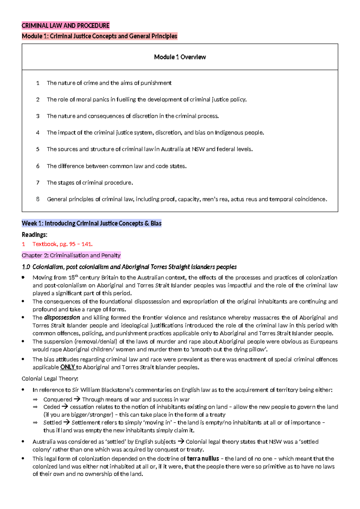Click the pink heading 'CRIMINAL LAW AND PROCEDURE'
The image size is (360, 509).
tap(65, 26)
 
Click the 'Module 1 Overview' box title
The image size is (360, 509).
tap(180, 57)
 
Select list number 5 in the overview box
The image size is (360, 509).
tap(38, 149)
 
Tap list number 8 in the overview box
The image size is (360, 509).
tap(38, 199)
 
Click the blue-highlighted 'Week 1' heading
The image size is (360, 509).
tap(91, 223)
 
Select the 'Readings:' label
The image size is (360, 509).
tap(34, 235)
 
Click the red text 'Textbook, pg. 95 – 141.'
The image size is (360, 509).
tap(62, 244)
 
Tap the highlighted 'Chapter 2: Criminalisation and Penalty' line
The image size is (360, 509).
tap(71, 255)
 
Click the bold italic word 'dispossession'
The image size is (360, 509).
tap(62, 318)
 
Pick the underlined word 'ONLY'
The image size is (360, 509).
tap(67, 367)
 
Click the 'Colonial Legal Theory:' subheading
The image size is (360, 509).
tap(50, 378)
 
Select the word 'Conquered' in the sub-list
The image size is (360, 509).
tap(58, 399)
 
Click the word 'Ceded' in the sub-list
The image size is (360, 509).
tap(52, 407)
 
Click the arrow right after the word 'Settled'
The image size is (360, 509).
tap(67, 422)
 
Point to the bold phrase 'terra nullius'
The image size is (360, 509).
tap(203, 459)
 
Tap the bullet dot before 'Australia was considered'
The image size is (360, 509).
tap(23, 441)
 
